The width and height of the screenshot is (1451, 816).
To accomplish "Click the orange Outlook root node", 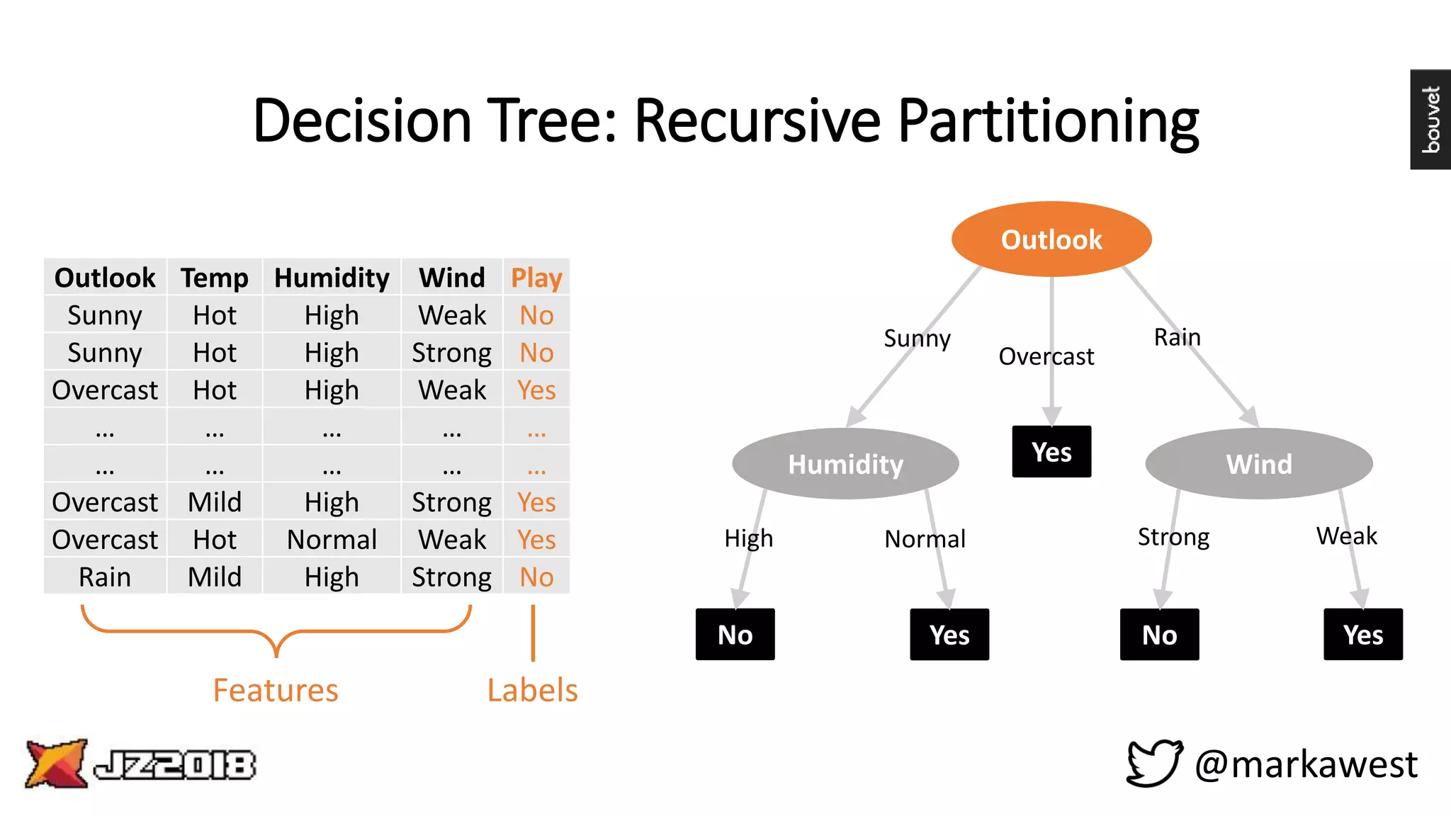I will (x=1051, y=239).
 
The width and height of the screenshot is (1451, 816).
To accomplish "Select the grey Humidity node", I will (x=845, y=464).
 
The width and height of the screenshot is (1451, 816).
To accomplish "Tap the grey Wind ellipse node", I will (x=1259, y=464).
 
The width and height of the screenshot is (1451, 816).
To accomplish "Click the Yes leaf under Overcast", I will (x=1051, y=452).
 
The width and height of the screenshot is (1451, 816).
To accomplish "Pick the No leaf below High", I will (x=735, y=635).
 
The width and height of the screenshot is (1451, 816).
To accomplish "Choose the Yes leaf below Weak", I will (x=1362, y=635).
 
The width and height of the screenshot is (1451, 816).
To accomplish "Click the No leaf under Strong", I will (x=1159, y=635).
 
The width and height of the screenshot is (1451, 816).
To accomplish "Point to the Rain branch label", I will (x=1177, y=337).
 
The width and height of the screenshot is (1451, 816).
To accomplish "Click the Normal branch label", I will (x=925, y=539).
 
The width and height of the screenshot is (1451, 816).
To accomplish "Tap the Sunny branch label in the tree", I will (x=917, y=339).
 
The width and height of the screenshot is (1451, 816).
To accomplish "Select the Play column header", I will (x=536, y=278).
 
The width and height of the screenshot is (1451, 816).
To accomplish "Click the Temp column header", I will (x=214, y=278).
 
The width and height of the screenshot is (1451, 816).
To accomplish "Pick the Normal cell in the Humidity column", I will (x=332, y=540).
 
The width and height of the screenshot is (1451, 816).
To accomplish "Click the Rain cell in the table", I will (x=105, y=577).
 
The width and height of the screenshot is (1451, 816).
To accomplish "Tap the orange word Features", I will (x=276, y=690).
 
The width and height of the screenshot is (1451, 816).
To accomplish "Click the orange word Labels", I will (x=532, y=690).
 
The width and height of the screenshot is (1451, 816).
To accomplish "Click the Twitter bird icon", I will (x=1154, y=763).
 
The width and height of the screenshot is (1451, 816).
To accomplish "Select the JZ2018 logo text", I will (x=174, y=765).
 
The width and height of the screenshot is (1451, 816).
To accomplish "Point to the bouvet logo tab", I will (x=1430, y=119).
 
